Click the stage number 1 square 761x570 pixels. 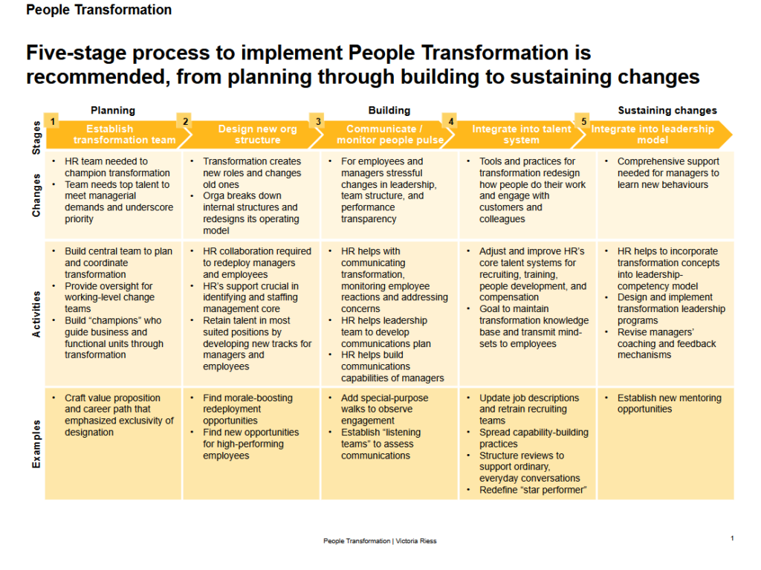point(52,121)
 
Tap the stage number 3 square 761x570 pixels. point(318,121)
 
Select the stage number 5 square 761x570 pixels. point(583,121)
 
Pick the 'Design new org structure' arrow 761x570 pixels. point(257,135)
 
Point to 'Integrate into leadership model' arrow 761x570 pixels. point(652,135)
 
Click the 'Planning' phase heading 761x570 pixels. point(113,110)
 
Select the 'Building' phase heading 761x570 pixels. point(389,110)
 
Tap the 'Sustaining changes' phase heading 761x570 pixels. point(667,110)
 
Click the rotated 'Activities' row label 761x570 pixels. point(36,314)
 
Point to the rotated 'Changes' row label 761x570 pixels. point(36,195)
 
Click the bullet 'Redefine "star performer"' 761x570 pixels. point(532,490)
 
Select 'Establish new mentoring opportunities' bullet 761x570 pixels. point(669,404)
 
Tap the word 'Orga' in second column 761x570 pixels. point(215,196)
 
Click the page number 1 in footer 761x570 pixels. point(732,538)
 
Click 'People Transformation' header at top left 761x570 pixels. point(99,10)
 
